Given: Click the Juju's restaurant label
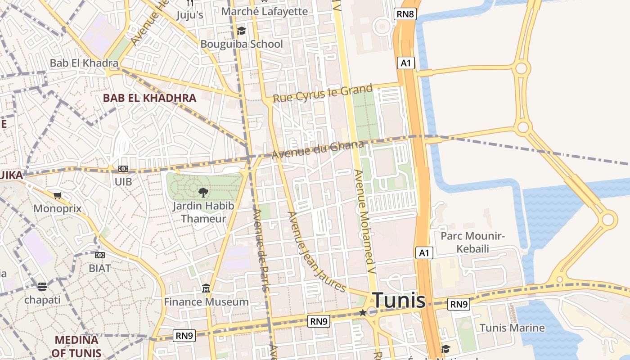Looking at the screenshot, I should (x=189, y=15).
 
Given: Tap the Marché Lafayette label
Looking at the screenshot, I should (x=265, y=11).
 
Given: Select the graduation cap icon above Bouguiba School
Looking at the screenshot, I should (x=242, y=31).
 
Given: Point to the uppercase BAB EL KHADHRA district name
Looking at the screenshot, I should (x=149, y=98).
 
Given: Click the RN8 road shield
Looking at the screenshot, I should (x=405, y=14).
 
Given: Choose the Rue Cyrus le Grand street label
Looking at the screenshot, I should (x=323, y=93).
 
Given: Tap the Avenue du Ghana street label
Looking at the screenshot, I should (x=317, y=149).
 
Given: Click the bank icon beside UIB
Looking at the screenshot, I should (x=123, y=169).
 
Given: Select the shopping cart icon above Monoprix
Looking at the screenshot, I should (x=57, y=195).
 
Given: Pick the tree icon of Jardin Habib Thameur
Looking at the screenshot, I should (x=203, y=193).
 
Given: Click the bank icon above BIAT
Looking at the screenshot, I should (x=100, y=255).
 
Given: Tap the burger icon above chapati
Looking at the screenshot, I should (x=42, y=286).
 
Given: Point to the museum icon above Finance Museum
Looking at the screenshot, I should (x=206, y=288).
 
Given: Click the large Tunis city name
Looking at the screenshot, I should (x=399, y=300).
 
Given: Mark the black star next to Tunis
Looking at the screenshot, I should (x=363, y=312).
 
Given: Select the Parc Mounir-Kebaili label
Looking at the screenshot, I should (x=472, y=242).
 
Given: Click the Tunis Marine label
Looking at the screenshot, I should (x=512, y=328).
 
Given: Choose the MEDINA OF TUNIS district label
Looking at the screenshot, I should (x=76, y=346).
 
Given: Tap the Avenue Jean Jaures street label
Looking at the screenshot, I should (x=317, y=252).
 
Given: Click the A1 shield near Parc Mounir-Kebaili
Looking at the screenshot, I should (x=424, y=253).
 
